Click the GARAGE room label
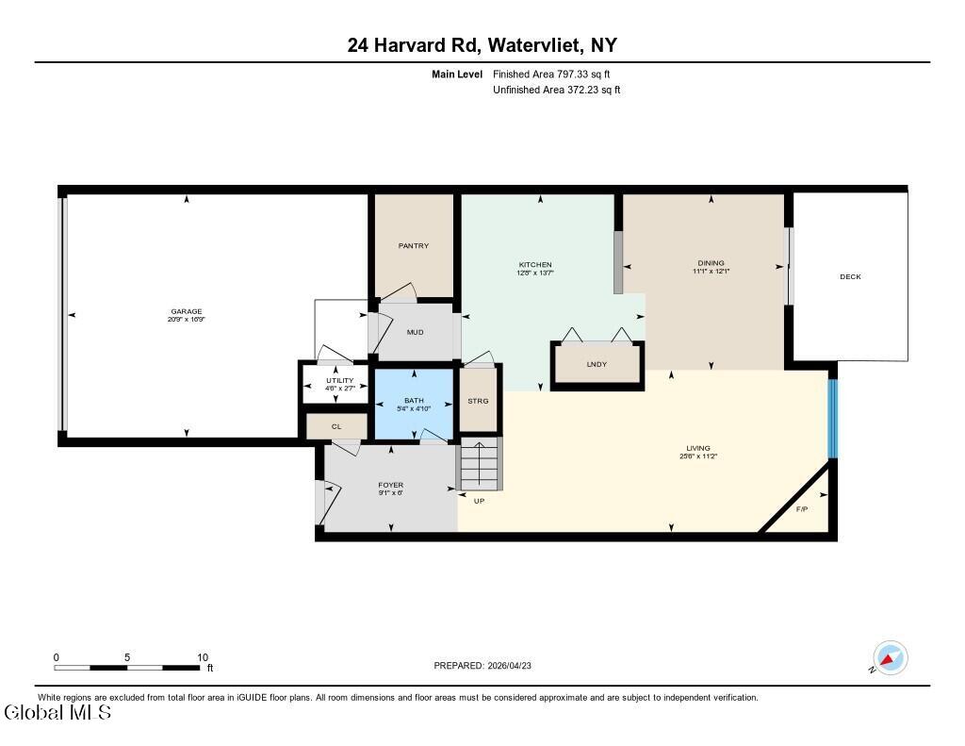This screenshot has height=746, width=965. (186, 312)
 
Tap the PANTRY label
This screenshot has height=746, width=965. (414, 246)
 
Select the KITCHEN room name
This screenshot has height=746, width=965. (535, 265)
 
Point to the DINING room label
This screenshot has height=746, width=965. (711, 263)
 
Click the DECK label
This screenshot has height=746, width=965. (851, 276)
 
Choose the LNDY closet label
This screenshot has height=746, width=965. (597, 364)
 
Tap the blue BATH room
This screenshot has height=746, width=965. (415, 404)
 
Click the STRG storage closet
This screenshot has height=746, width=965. (478, 401)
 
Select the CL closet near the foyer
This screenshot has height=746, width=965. (336, 426)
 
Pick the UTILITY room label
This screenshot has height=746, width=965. (339, 381)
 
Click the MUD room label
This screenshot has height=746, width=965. (415, 332)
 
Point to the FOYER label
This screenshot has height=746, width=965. (391, 485)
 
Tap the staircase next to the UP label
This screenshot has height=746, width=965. (480, 463)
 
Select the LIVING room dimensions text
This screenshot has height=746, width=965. (698, 456)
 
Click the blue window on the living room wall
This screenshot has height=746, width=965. (833, 419)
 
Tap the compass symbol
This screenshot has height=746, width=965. (891, 658)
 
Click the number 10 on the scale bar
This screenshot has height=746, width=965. (203, 657)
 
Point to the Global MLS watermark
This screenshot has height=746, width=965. (57, 713)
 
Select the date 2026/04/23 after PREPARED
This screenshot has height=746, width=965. (509, 665)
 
